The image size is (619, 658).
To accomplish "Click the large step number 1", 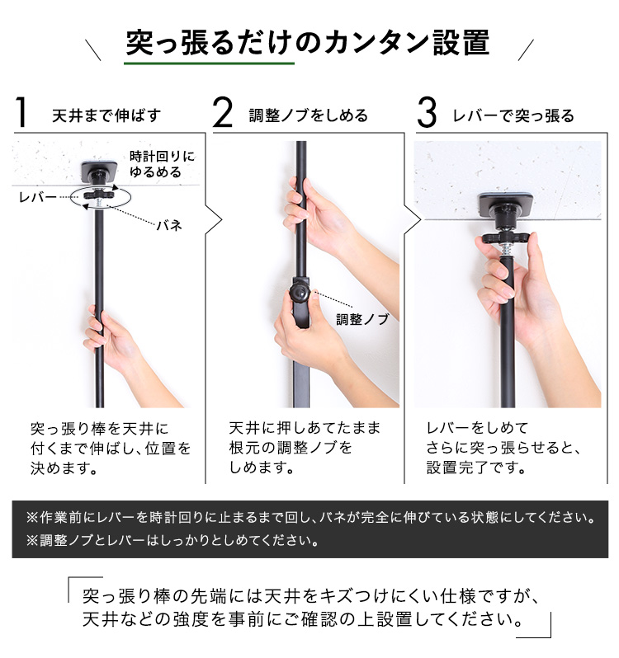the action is click(x=21, y=112).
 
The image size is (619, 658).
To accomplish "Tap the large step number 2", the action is click(x=223, y=112).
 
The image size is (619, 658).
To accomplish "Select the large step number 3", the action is click(x=427, y=112).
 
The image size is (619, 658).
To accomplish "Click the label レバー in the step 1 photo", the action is click(x=38, y=197).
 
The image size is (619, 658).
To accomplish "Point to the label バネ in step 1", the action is click(x=169, y=225).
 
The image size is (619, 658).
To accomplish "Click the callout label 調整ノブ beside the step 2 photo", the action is click(x=362, y=319).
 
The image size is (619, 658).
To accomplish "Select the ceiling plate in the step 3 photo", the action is click(x=508, y=204).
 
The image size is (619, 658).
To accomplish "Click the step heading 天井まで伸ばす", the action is click(x=106, y=115).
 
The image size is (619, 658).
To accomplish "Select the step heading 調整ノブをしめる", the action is click(x=308, y=115).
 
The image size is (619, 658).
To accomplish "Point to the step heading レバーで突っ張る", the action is click(x=513, y=115).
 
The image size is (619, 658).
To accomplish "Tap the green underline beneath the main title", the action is click(x=209, y=63).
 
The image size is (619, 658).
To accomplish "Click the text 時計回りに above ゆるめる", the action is click(x=162, y=157).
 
